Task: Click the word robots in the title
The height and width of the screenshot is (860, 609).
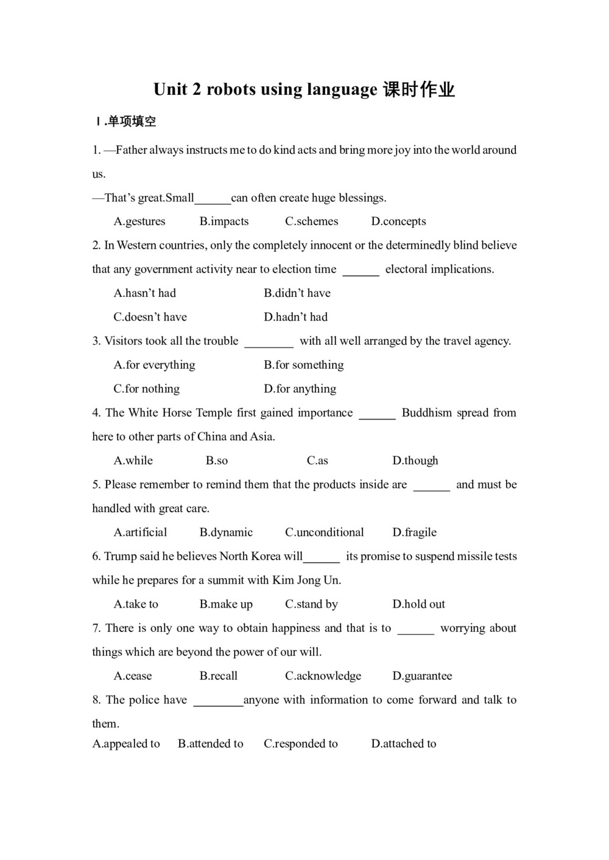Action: coord(231,89)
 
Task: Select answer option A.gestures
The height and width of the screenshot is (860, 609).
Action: coord(139,221)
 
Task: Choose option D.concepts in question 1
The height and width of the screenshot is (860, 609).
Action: coord(398,221)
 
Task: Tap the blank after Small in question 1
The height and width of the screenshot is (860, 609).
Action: coord(213,198)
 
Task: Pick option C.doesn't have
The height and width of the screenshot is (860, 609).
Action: coord(150,317)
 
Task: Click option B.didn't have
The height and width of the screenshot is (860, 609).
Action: coord(297,293)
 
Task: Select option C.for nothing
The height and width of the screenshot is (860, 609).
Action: coord(146,389)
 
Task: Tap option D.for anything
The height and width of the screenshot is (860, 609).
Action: coord(300,389)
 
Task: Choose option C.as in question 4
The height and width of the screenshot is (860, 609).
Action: coord(317,460)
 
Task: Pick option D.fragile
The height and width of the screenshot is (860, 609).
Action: coord(414,532)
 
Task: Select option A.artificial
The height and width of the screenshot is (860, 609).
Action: coord(140,532)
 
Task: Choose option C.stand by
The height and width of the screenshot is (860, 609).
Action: coord(311,604)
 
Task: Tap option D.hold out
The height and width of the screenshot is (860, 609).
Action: coord(418,604)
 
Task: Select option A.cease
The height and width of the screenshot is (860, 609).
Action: coord(133,676)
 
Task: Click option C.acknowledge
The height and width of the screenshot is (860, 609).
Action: coord(323,676)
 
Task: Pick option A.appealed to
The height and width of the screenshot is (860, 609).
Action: coord(126,744)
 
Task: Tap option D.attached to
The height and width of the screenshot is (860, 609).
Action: coord(403,744)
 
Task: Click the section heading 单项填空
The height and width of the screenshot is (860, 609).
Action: coord(132,122)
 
